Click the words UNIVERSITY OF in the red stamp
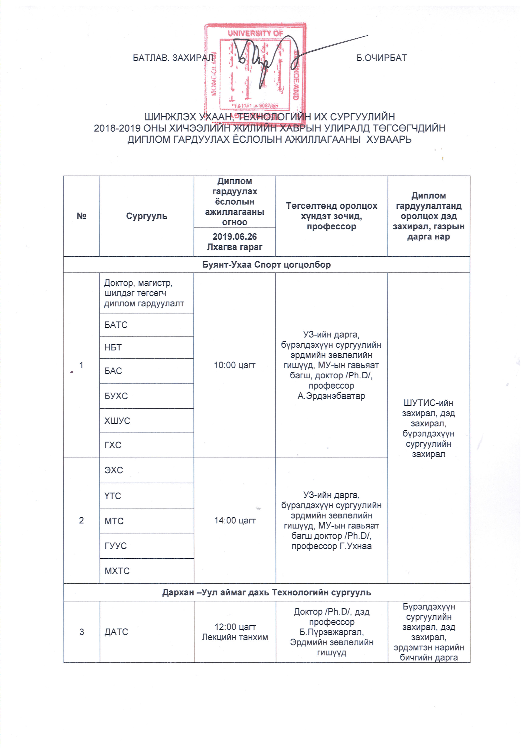[x=255, y=33]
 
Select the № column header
[x=81, y=216]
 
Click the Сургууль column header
[x=147, y=216]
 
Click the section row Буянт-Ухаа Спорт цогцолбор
[x=266, y=264]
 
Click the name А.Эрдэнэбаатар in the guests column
[x=331, y=396]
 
